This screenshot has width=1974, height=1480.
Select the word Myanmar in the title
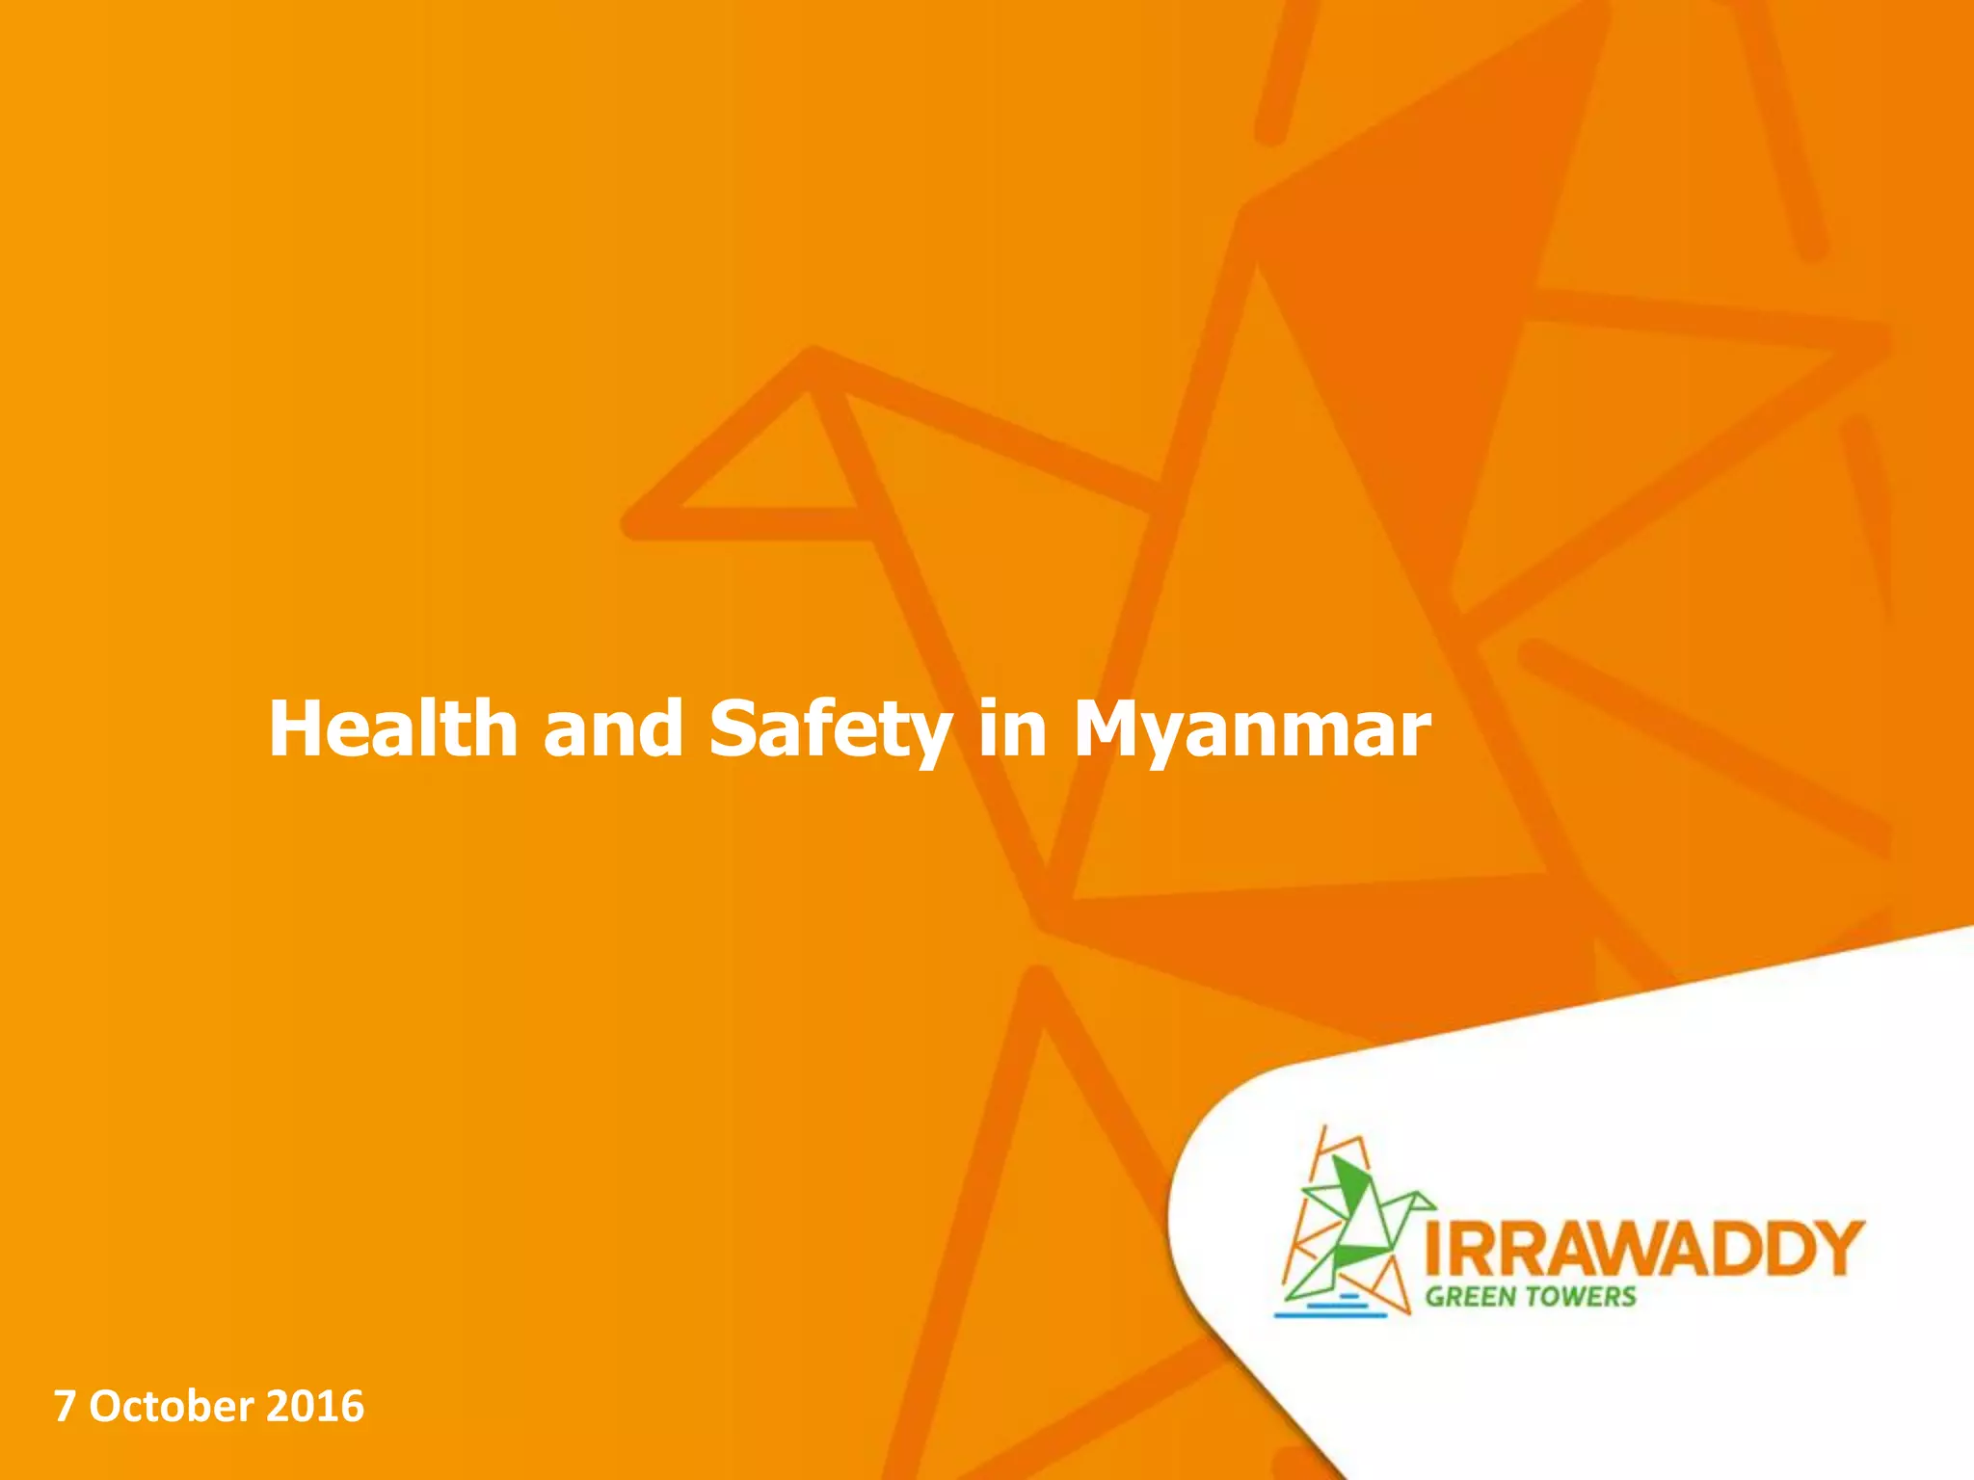[x=1251, y=730]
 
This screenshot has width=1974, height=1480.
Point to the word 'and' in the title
[x=613, y=728]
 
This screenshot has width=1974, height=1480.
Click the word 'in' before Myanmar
[x=1012, y=728]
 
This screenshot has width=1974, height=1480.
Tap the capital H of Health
[x=299, y=728]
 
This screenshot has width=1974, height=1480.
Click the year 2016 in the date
[x=315, y=1407]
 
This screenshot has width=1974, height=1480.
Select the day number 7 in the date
[x=64, y=1407]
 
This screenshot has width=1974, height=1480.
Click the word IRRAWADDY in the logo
[x=1643, y=1249]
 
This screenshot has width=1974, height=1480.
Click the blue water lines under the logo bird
[x=1330, y=1307]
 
